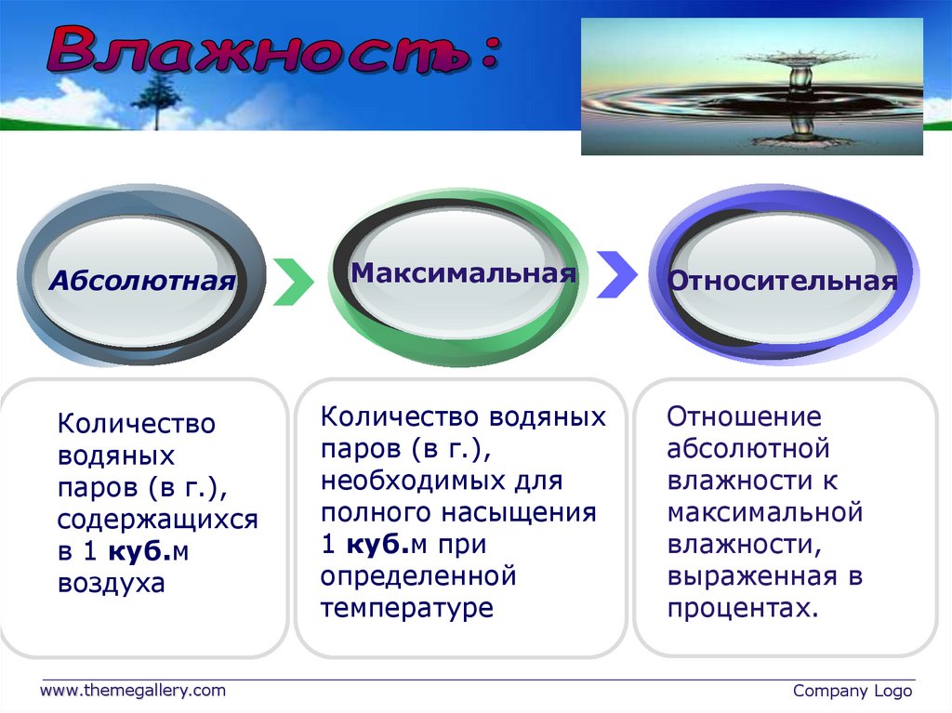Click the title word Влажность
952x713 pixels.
(258, 51)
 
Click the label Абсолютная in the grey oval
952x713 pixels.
(142, 281)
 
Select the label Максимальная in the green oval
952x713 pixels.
(463, 273)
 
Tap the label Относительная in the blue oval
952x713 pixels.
(783, 281)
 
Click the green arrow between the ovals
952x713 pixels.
(294, 281)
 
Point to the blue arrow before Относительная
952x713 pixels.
(617, 274)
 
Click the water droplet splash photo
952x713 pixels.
(751, 86)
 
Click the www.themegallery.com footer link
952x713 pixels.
(132, 691)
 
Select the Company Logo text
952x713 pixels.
(853, 691)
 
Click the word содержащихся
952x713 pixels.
(158, 520)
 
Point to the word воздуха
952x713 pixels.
(112, 583)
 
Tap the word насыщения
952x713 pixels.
(519, 513)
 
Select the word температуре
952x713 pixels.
(407, 609)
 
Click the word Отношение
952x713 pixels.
(744, 417)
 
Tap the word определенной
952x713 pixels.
(418, 576)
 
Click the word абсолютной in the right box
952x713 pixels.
(748, 449)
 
